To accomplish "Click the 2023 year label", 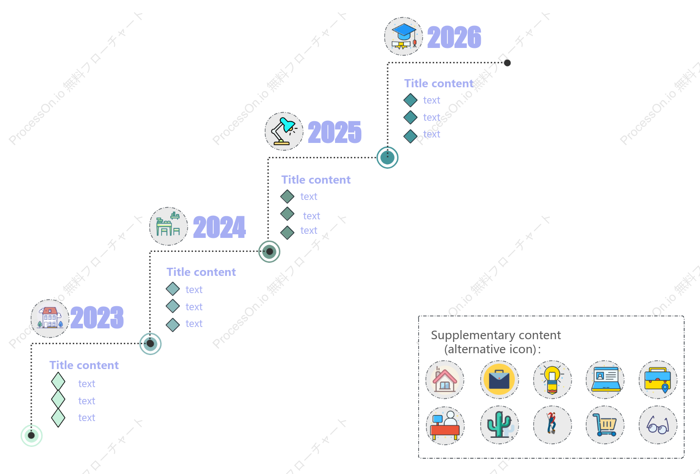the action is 97,317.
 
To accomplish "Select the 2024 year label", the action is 220,227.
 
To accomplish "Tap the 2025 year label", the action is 335,132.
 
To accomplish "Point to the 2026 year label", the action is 454,37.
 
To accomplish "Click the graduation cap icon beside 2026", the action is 403,37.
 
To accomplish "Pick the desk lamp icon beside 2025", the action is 284,132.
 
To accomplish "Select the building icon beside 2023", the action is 50,318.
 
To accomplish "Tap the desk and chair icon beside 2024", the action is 168,227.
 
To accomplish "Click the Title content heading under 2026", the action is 439,83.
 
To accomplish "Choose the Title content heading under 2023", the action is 84,365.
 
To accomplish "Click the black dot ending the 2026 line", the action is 507,63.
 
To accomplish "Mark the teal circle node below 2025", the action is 387,158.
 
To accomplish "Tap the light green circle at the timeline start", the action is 31,436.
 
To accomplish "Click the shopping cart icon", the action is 605,425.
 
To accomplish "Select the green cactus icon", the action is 499,425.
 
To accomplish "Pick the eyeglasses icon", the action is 658,425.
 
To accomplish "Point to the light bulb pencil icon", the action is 552,380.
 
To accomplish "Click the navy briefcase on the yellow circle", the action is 499,380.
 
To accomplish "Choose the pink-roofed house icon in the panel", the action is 445,380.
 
